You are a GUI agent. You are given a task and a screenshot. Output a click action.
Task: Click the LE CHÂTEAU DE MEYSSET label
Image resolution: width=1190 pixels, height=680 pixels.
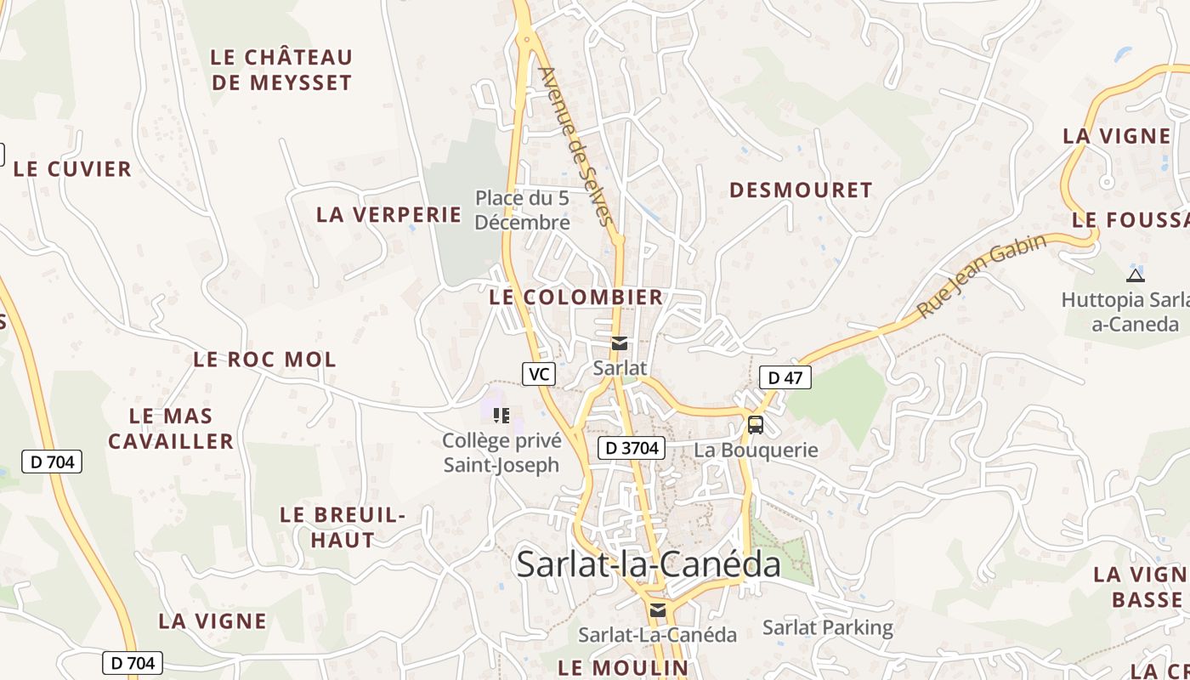click(281, 70)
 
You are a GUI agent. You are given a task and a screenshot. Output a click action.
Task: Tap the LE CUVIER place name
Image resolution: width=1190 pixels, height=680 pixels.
click(73, 169)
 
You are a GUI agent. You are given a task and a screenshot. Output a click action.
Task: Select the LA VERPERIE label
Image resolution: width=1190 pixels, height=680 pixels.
click(388, 214)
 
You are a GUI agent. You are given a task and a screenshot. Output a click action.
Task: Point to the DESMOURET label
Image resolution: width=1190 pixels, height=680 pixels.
click(801, 190)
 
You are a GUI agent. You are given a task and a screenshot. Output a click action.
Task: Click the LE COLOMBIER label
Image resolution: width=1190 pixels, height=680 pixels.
click(576, 297)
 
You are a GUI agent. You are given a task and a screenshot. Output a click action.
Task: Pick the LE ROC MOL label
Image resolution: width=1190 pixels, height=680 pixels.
click(264, 360)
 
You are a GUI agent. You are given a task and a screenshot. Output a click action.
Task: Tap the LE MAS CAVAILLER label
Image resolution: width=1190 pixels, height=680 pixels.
click(171, 428)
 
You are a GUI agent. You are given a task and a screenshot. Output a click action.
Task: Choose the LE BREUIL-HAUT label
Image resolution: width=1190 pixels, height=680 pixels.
click(343, 527)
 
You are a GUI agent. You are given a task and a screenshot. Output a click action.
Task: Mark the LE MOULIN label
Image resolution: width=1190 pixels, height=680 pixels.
click(623, 667)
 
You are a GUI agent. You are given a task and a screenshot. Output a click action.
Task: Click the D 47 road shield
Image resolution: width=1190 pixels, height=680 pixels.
click(785, 377)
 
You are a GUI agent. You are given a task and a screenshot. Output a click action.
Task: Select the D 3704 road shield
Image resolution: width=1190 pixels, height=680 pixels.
click(630, 448)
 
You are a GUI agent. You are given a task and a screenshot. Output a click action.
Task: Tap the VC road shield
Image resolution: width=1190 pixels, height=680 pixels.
click(539, 373)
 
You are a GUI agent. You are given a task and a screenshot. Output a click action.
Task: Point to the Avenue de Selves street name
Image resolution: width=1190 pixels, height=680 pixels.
click(575, 146)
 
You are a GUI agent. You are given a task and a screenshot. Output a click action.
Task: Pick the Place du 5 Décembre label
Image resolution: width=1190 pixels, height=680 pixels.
click(522, 210)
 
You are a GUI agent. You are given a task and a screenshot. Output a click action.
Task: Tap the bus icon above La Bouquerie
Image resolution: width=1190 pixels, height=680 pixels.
click(755, 425)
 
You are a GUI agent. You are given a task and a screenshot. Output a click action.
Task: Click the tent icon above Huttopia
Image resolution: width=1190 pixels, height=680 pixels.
click(1135, 275)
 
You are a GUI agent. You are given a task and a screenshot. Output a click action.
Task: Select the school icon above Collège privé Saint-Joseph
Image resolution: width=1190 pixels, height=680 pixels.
click(501, 415)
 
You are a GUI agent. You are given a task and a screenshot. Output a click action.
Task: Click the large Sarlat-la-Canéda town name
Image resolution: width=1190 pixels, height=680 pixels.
click(648, 564)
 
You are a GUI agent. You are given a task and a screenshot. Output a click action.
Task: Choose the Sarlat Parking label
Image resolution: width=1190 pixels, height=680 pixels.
click(827, 628)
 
